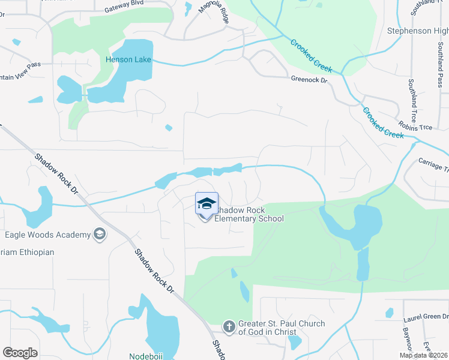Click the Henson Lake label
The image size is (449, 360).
click(x=128, y=60)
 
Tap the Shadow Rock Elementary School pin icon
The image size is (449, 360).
click(x=206, y=204)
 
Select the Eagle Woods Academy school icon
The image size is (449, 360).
click(x=100, y=235)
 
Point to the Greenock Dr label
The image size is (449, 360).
click(x=309, y=79)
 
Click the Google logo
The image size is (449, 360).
click(x=20, y=353)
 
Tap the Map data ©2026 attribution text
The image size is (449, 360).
click(x=423, y=355)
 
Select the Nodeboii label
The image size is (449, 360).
click(x=146, y=356)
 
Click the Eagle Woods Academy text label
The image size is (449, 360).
click(x=47, y=235)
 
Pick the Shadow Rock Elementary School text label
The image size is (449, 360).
click(x=249, y=215)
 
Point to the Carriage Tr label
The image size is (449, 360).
click(x=433, y=167)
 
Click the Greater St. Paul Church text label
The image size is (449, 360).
click(x=282, y=328)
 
